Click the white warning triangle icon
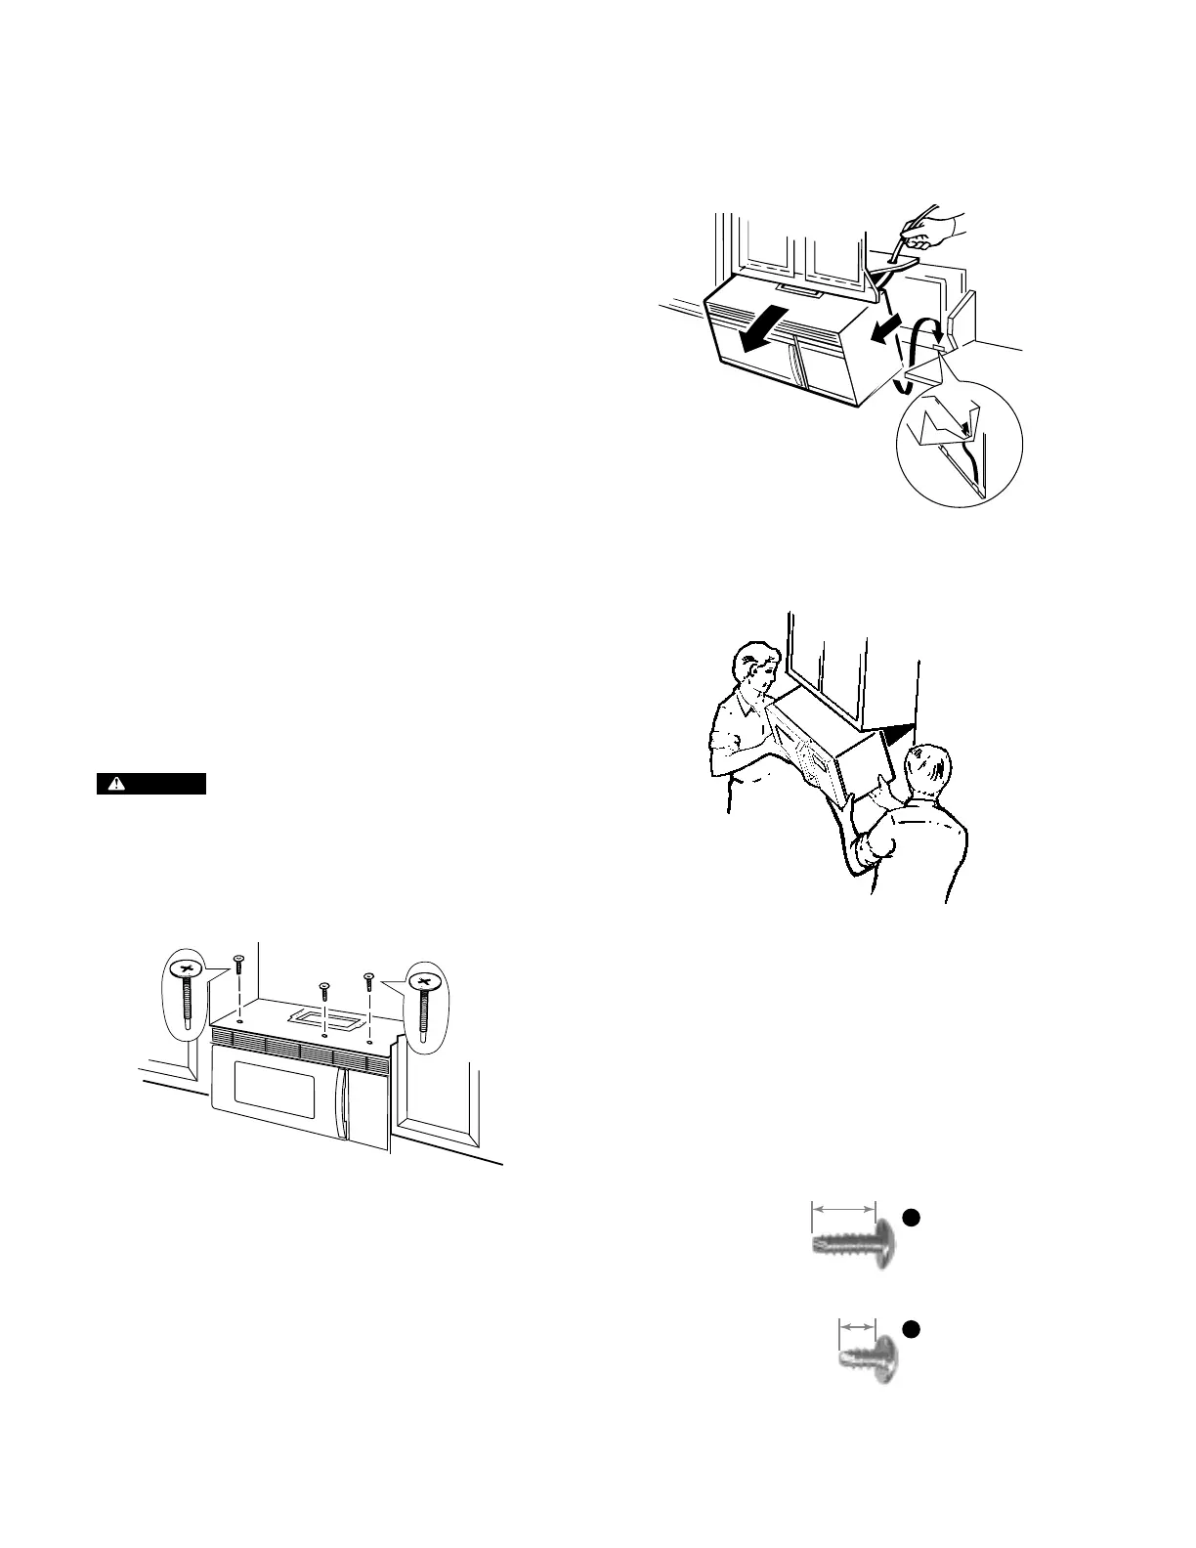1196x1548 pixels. pos(116,784)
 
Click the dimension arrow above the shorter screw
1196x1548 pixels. pos(857,1325)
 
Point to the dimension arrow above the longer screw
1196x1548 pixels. pos(844,1209)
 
